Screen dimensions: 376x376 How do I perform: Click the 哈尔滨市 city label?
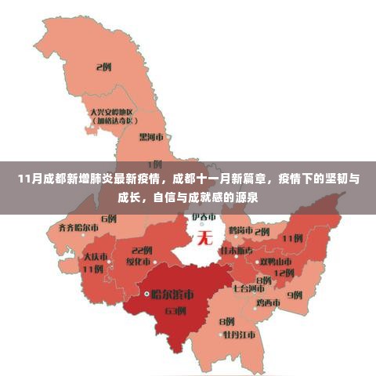173,295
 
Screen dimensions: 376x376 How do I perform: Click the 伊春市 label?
204,216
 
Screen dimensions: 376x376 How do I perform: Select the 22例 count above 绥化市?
142,250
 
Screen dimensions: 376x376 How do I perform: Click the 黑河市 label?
151,136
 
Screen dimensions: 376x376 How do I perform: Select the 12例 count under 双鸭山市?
284,273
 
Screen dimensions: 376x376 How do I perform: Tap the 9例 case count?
295,295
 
